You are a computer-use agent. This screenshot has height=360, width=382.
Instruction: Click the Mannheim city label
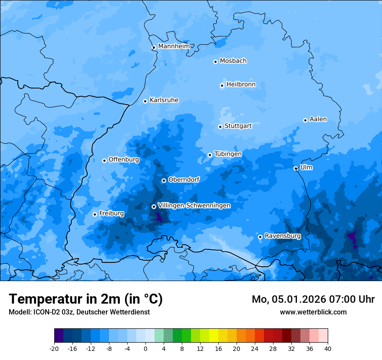pos(174,46)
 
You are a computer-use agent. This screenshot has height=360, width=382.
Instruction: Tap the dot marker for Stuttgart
pos(220,127)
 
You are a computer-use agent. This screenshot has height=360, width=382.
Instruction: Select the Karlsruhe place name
pos(164,100)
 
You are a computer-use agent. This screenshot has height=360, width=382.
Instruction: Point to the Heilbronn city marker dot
pos(222,85)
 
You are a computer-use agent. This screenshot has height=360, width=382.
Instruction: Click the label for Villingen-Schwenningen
pos(194,206)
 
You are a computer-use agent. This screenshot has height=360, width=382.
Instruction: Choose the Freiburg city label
pos(111,213)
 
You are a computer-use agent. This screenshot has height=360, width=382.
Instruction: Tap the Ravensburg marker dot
pos(260,237)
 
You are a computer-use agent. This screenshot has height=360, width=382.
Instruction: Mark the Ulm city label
pos(306,167)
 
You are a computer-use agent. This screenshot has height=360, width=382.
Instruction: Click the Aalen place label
pos(318,119)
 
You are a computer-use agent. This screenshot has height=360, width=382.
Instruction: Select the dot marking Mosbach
pos(215,62)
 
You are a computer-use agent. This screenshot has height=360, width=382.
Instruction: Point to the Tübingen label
pos(228,154)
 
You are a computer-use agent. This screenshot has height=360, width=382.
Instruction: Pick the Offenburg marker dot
pos(104,160)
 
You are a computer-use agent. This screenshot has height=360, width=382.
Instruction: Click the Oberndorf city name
pos(184,180)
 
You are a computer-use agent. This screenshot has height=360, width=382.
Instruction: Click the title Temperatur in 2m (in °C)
pos(86,299)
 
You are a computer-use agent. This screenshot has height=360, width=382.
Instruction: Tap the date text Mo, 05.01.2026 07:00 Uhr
pos(313,299)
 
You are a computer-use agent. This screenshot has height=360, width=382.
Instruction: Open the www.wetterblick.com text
pos(313,312)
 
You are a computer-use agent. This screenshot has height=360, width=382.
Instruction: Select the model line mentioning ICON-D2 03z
pos(79,312)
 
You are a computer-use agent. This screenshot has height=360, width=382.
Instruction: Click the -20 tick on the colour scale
pos(54,348)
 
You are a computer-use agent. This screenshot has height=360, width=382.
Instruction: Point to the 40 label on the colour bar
pos(327,348)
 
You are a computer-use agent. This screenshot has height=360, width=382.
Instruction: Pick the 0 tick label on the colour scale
pos(145,348)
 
